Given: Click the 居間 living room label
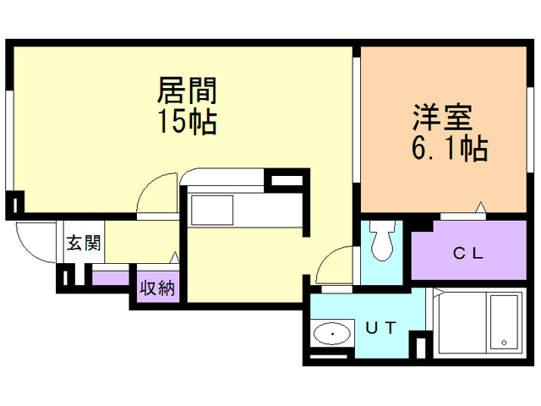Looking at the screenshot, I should [x=188, y=90].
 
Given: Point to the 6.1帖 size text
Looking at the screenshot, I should [x=449, y=149].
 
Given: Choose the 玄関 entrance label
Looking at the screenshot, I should [x=85, y=244].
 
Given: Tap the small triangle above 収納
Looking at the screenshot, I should [x=175, y=256].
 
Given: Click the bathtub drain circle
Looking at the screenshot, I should [x=504, y=343].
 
